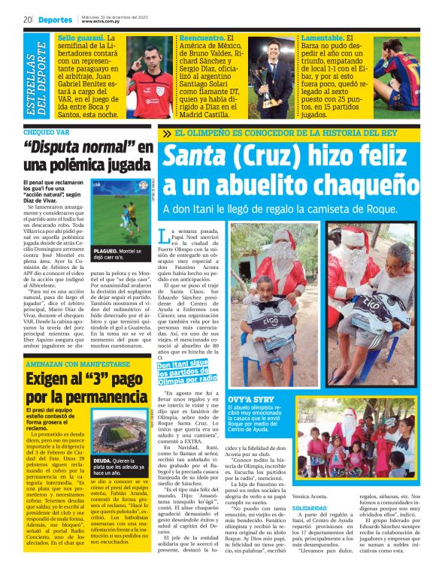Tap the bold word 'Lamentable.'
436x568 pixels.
pyautogui.click(x=324, y=38)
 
